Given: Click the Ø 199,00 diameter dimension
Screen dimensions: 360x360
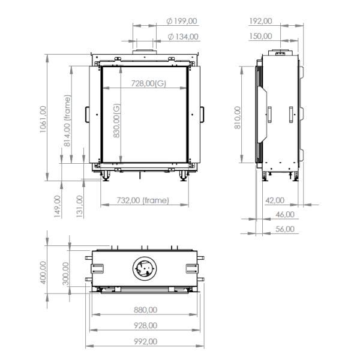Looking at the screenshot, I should [181, 21].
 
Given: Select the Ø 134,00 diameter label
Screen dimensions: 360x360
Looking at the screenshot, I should [182, 37].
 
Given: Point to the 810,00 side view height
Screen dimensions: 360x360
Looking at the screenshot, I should [238, 118].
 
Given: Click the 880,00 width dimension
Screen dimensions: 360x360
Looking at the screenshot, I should [145, 310].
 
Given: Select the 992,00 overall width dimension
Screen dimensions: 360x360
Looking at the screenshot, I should [145, 341].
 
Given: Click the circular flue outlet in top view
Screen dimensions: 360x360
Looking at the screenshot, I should [144, 268].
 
